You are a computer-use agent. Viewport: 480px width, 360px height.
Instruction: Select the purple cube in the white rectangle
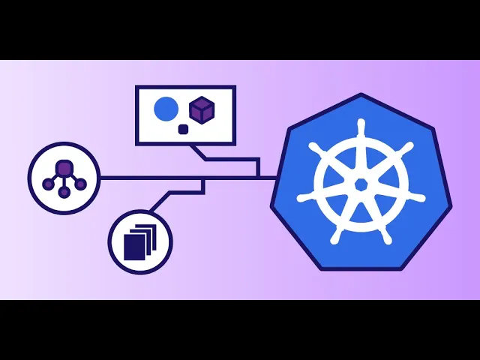tap(202, 110)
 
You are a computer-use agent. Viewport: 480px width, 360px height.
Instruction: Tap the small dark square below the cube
tap(182, 129)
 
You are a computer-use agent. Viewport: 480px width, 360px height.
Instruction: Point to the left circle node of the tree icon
tap(49, 184)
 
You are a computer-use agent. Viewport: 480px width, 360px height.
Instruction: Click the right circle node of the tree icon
tap(80, 184)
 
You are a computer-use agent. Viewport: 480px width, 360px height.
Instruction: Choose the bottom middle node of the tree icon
tap(64, 192)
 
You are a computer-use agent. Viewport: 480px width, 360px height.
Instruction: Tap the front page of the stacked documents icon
tap(132, 245)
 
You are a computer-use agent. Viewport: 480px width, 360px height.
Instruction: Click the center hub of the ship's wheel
tap(361, 184)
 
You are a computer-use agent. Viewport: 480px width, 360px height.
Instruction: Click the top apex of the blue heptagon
tap(361, 95)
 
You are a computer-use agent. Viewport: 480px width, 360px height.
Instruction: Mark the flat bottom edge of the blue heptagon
tap(361, 268)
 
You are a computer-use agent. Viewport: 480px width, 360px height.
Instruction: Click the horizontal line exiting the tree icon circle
tap(150, 178)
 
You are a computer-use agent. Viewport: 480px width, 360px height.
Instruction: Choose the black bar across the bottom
tap(240, 330)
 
